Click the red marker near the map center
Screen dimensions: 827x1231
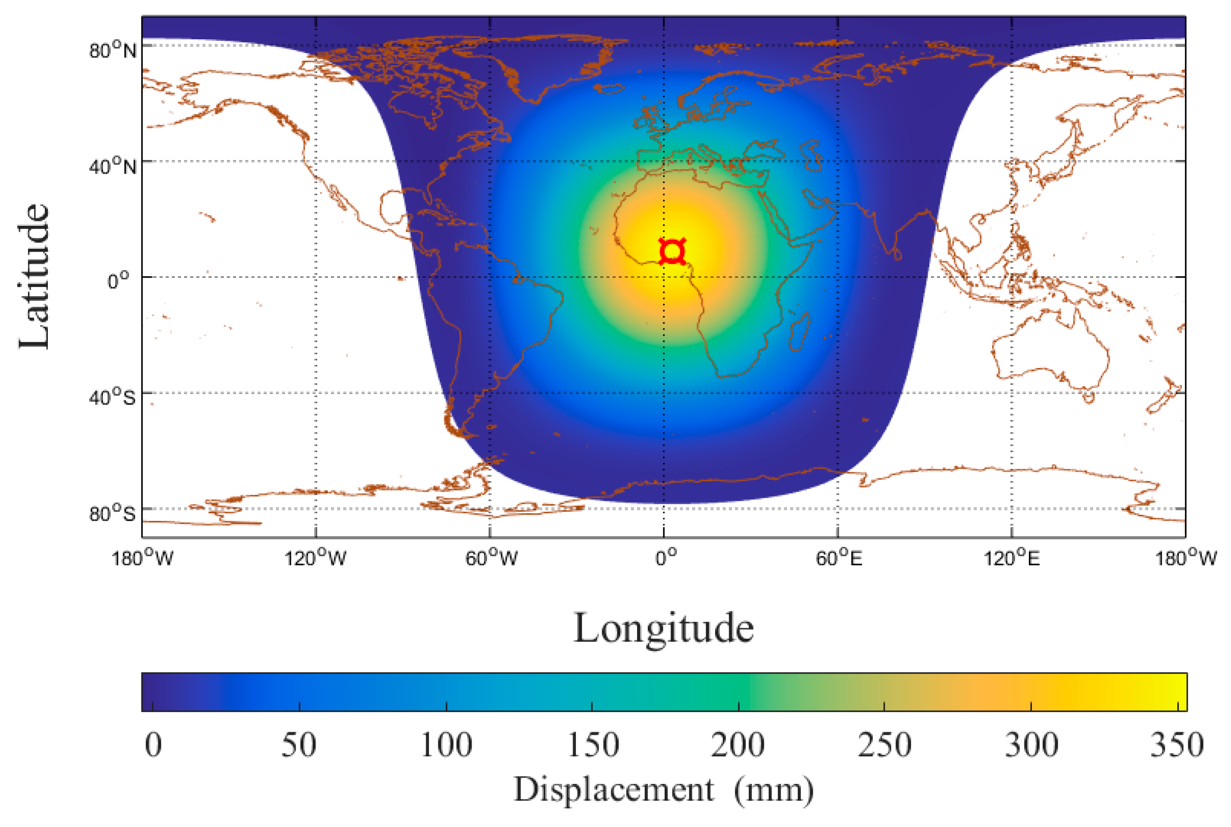(672, 252)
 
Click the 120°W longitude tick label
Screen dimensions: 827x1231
(316, 558)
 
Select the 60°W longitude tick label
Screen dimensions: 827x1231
(491, 558)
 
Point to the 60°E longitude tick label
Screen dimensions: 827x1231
(839, 558)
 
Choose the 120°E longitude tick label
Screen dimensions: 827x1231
(1012, 558)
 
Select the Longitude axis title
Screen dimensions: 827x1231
(663, 629)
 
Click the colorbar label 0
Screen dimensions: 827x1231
(153, 745)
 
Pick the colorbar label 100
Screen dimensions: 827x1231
(446, 745)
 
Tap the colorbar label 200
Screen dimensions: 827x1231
(738, 745)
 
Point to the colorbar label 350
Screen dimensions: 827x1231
(1177, 745)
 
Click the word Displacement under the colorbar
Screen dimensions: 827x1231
(614, 790)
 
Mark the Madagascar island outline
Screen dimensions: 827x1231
(800, 331)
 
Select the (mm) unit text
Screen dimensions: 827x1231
(774, 790)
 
